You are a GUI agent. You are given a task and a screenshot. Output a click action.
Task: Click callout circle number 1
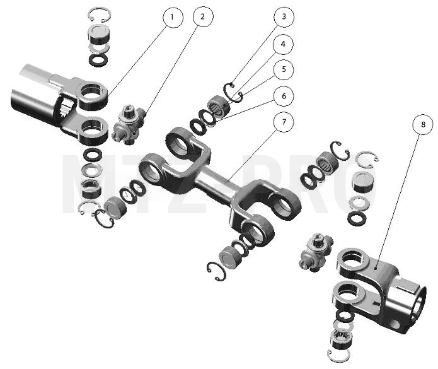173,18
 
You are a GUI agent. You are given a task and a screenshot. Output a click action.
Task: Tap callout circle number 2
203,16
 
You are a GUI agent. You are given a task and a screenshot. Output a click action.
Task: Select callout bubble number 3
284,17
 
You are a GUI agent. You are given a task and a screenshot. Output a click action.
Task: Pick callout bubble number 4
283,44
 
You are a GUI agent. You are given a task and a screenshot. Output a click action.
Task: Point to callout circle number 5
284,69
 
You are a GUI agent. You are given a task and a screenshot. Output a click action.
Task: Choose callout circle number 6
284,96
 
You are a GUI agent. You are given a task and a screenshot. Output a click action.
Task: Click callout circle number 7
284,122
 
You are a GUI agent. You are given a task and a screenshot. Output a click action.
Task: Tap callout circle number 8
423,124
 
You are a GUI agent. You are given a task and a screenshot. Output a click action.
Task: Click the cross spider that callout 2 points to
128,124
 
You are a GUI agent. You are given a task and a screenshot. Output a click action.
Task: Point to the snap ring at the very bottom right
338,356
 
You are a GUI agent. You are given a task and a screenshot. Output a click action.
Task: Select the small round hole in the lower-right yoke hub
395,324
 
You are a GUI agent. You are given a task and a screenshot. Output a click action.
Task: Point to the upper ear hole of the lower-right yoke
352,258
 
